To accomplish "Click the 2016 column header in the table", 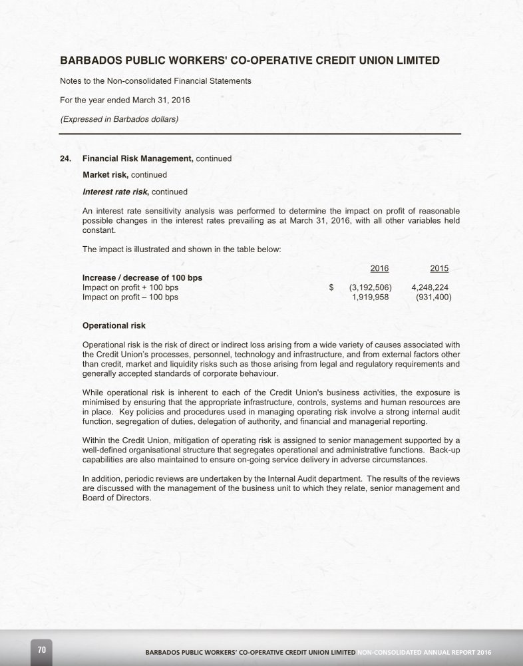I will pyautogui.click(x=379, y=268).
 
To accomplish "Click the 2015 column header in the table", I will pyautogui.click(x=439, y=268).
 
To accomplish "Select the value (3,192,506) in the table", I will pyautogui.click(x=370, y=287).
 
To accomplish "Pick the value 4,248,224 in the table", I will pyautogui.click(x=430, y=287).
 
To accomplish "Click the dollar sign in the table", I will pyautogui.click(x=331, y=287).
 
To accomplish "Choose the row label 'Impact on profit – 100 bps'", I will pyautogui.click(x=130, y=297).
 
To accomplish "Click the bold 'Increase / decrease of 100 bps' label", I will pyautogui.click(x=142, y=277).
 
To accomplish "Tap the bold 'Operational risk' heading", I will pyautogui.click(x=114, y=326).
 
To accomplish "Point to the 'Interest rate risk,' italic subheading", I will pyautogui.click(x=116, y=192).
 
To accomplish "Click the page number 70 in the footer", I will pyautogui.click(x=41, y=649).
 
